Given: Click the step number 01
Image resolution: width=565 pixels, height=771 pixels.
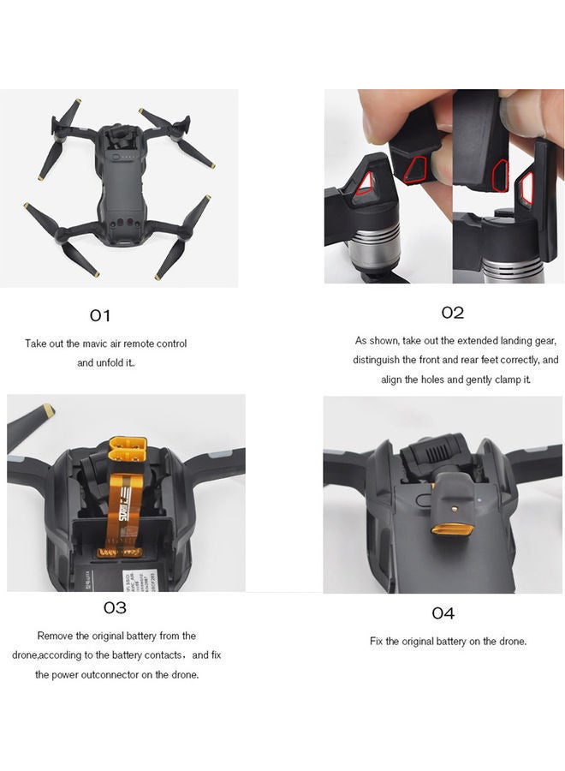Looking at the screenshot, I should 100,316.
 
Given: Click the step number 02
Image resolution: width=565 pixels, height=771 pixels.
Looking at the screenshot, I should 452,313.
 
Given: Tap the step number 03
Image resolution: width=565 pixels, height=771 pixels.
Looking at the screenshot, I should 115,607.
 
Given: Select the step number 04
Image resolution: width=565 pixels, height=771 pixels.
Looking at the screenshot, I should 443,613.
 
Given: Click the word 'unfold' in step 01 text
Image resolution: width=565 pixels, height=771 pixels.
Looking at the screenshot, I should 108,362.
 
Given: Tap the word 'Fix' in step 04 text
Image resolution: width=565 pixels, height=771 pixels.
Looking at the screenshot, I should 378,642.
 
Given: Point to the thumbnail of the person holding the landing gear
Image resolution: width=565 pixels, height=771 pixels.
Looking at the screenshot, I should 443,186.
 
